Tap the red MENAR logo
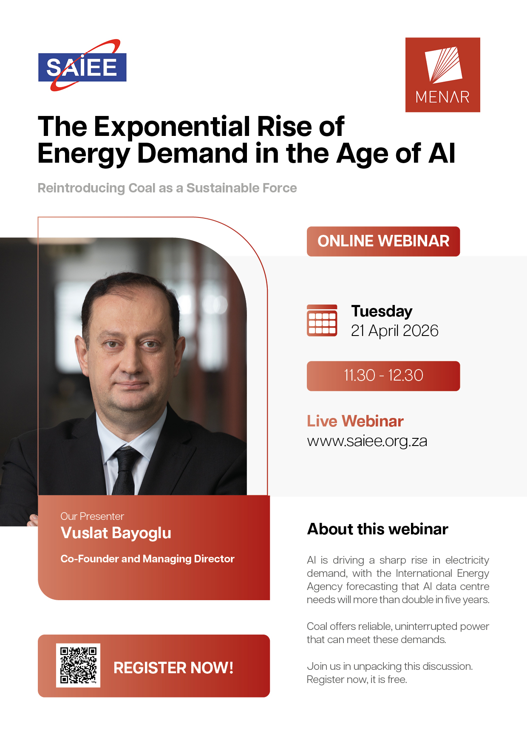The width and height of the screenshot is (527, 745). click(x=442, y=75)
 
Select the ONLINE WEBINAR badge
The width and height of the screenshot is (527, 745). click(x=383, y=241)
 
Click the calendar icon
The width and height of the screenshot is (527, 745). click(x=322, y=321)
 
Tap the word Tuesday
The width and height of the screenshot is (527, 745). click(x=382, y=311)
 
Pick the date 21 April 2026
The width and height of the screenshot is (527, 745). click(x=394, y=330)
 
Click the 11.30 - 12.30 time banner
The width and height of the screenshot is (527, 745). click(x=383, y=376)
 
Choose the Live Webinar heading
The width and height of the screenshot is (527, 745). click(x=355, y=421)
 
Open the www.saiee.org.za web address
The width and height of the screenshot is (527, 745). click(x=367, y=441)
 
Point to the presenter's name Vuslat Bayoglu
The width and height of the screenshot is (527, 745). click(x=116, y=533)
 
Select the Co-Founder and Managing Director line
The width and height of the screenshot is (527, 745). click(x=147, y=559)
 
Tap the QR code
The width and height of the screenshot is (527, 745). click(x=78, y=665)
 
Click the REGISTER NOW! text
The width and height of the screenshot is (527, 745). click(x=173, y=668)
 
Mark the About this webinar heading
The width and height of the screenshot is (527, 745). click(x=378, y=529)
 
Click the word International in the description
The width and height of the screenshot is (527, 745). click(x=424, y=573)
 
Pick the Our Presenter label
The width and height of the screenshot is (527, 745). click(x=92, y=516)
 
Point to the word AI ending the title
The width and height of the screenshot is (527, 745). click(x=442, y=153)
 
